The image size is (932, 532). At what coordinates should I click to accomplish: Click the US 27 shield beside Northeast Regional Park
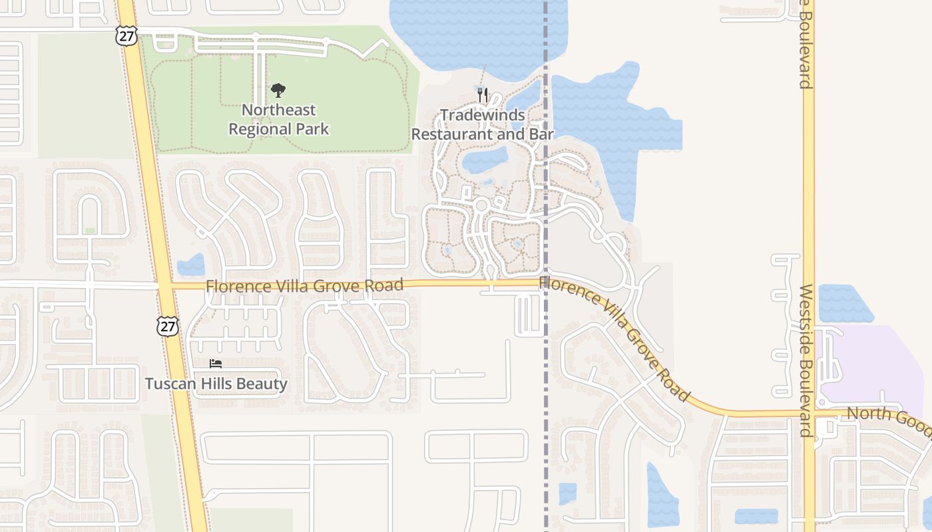(126, 36)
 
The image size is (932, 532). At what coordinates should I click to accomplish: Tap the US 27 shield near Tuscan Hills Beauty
(168, 326)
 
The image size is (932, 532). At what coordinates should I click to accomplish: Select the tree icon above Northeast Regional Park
(278, 90)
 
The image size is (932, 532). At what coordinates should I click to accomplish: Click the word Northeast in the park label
(278, 110)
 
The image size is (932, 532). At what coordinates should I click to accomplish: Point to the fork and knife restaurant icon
(483, 95)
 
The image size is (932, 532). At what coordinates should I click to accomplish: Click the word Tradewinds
(483, 115)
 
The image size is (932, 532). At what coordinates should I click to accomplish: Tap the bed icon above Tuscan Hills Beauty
(216, 364)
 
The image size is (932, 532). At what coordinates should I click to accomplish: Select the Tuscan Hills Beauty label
(216, 384)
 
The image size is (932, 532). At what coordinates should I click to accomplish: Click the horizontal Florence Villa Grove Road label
(304, 286)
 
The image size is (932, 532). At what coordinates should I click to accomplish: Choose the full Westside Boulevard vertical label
(806, 360)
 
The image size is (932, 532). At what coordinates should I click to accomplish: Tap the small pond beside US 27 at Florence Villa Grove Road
(191, 265)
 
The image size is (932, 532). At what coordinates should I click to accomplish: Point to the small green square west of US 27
(90, 231)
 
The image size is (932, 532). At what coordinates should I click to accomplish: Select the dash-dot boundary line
(546, 399)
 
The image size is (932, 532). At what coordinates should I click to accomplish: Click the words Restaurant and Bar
(483, 134)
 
